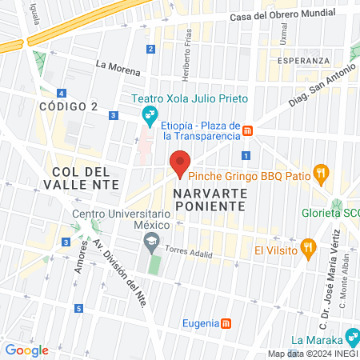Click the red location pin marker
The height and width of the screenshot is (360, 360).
180,162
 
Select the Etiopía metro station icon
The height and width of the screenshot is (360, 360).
248,130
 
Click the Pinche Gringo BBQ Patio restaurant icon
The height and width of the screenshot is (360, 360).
320,171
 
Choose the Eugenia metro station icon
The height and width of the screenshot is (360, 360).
226,323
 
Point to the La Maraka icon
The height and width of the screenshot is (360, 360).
350,335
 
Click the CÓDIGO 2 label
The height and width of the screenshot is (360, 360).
68,106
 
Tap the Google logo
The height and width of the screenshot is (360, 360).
26,350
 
